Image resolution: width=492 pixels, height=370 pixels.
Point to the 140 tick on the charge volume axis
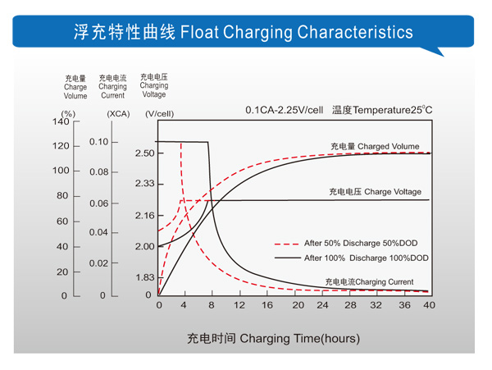(61, 122)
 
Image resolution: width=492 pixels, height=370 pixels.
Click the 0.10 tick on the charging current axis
(98, 142)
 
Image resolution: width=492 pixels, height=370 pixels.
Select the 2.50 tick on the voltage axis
(144, 153)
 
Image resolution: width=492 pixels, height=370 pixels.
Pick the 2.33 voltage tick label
(144, 184)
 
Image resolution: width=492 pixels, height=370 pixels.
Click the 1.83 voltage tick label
(144, 277)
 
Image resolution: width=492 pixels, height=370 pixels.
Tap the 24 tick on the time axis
(322, 305)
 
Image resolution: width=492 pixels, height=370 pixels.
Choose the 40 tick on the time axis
(428, 305)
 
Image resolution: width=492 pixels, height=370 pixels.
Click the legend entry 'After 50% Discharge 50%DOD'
(366, 244)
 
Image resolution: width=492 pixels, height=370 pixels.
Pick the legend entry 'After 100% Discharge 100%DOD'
(366, 258)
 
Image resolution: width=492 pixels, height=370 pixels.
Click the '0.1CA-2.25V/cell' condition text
(284, 110)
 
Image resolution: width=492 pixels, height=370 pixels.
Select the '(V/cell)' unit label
(159, 114)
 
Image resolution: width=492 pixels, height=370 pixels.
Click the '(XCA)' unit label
(117, 114)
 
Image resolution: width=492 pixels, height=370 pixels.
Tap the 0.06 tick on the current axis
(98, 203)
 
